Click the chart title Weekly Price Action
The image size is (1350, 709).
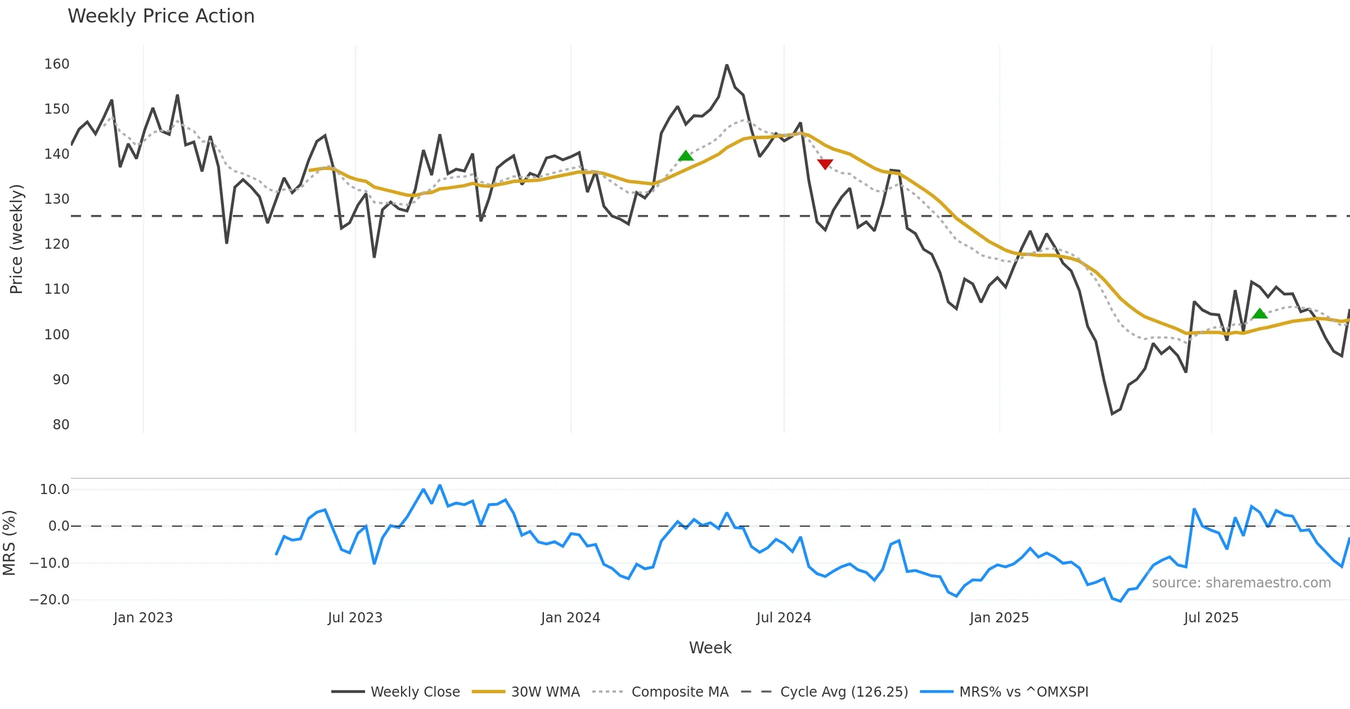pyautogui.click(x=161, y=16)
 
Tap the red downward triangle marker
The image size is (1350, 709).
pyautogui.click(x=825, y=164)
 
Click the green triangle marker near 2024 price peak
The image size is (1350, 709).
pyautogui.click(x=685, y=156)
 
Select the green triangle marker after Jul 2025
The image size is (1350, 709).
pyautogui.click(x=1259, y=313)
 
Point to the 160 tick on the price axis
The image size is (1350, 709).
pyautogui.click(x=57, y=64)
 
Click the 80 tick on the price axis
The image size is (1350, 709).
pyautogui.click(x=61, y=425)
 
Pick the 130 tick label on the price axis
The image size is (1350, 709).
pyautogui.click(x=57, y=199)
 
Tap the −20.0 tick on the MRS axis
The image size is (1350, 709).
pyautogui.click(x=49, y=600)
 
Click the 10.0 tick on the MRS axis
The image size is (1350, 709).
pyautogui.click(x=55, y=490)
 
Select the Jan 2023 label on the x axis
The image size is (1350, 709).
pyautogui.click(x=143, y=618)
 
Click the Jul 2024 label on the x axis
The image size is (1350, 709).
pyautogui.click(x=784, y=618)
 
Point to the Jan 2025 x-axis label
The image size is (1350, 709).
pyautogui.click(x=999, y=618)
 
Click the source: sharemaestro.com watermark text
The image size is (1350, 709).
pyautogui.click(x=1241, y=583)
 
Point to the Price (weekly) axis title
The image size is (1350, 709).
pyautogui.click(x=16, y=239)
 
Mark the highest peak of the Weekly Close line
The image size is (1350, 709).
pyautogui.click(x=727, y=65)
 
